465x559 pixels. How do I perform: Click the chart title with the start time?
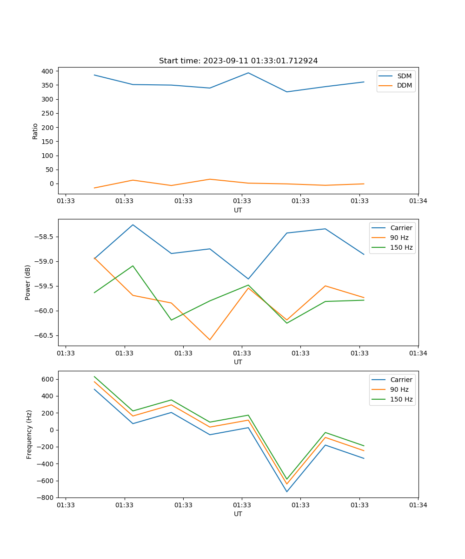coord(238,61)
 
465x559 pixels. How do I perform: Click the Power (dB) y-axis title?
coord(28,282)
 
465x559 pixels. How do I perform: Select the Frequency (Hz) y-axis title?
coord(29,434)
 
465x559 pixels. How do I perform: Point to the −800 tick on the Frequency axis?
coord(46,498)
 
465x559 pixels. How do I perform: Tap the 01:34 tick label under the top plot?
coord(418,201)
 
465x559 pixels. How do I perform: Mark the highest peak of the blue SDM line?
coord(248,73)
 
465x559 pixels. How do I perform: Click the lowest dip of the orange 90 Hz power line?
coord(210,340)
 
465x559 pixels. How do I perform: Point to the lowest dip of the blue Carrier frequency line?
coord(286,491)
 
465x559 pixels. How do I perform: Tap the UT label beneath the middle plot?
coord(238,362)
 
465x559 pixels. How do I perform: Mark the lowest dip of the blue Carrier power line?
coord(248,279)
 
